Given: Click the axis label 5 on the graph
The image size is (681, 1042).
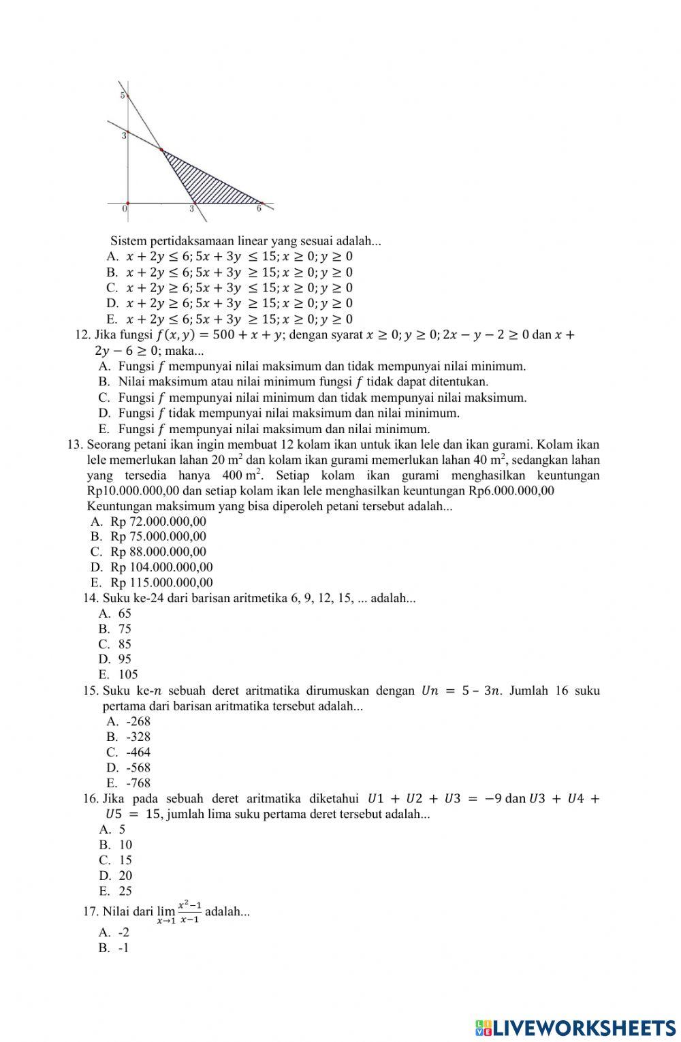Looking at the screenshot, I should click(123, 95).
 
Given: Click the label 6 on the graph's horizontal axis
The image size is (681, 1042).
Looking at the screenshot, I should click(259, 209).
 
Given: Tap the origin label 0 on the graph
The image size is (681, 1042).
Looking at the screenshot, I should click(124, 209).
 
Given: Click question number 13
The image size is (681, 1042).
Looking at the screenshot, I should click(75, 445).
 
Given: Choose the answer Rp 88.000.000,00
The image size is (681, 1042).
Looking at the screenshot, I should click(158, 552).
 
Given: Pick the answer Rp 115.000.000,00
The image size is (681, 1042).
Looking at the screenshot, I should click(161, 582).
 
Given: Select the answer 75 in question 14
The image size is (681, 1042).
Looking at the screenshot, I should click(125, 629).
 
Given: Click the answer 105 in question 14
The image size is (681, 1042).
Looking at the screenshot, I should click(128, 674).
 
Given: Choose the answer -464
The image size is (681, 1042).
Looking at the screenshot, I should click(138, 752).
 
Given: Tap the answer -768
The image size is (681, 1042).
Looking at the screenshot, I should click(138, 783).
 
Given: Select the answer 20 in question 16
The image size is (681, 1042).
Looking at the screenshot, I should click(125, 875).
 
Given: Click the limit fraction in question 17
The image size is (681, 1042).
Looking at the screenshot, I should click(189, 912).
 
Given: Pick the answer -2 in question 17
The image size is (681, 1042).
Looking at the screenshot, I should click(123, 932).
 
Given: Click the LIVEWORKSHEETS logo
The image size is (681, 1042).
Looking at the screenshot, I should click(575, 1027).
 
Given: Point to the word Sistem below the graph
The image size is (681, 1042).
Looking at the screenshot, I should click(126, 240).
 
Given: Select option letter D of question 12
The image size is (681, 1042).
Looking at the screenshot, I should click(104, 413).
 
